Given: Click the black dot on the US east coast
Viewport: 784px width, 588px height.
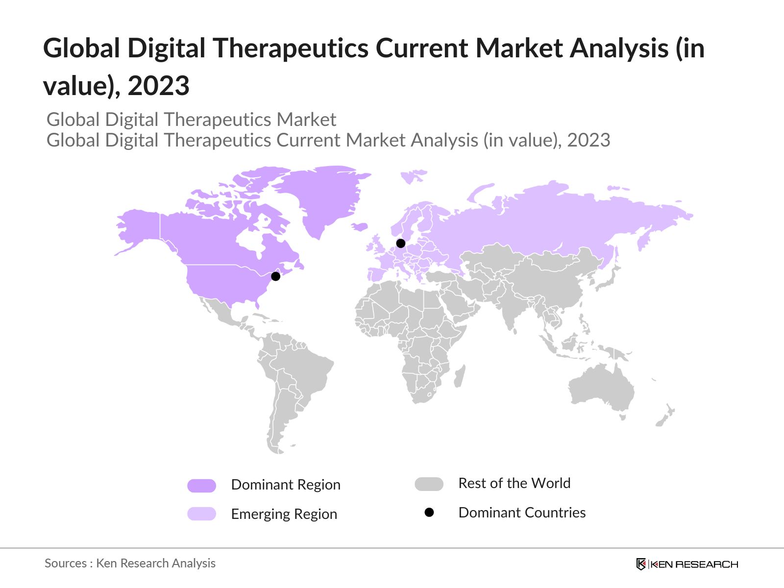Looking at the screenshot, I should point(275,276).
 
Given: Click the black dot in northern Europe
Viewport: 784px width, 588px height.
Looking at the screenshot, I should point(401,243).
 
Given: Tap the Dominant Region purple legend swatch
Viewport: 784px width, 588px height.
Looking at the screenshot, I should point(201,486).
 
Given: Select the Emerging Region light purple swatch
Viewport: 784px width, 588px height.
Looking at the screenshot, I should point(201,514).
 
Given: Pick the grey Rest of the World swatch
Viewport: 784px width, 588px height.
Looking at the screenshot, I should point(429,484).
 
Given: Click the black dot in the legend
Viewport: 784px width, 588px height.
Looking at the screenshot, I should point(429,513).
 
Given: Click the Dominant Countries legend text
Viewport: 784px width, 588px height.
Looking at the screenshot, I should point(522,513).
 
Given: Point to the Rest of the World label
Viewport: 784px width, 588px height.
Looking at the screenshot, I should point(514,483).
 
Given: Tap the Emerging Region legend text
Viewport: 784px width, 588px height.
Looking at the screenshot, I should point(284,514).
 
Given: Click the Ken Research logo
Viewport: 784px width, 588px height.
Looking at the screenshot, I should point(687,564).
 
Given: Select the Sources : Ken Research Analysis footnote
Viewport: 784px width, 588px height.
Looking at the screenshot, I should point(130,563).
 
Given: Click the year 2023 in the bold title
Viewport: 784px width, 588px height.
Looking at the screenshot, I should point(158,86).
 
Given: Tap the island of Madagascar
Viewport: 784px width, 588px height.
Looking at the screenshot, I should point(459,376).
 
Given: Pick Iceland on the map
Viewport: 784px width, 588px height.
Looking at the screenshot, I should point(360,226).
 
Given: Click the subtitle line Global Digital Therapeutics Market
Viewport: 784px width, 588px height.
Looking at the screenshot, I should point(191,120).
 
